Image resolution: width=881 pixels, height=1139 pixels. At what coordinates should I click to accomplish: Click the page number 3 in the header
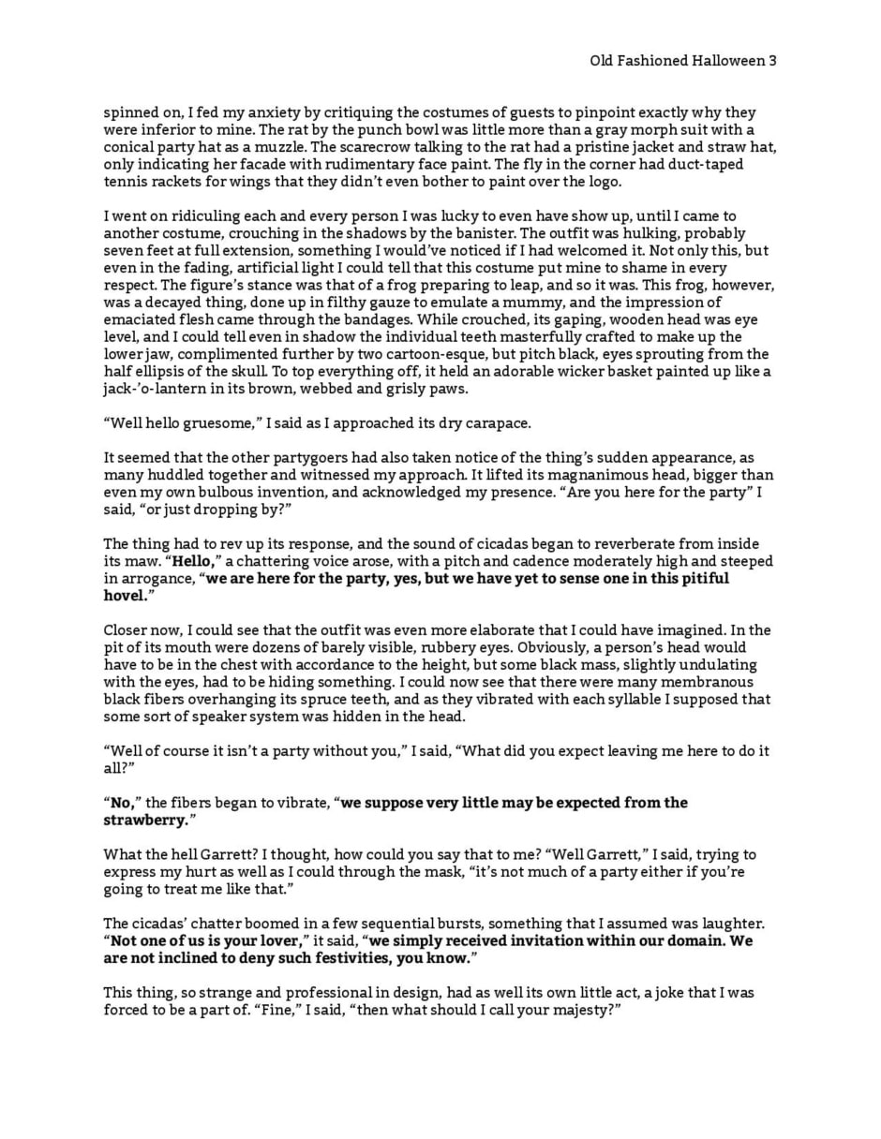[x=772, y=61]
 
